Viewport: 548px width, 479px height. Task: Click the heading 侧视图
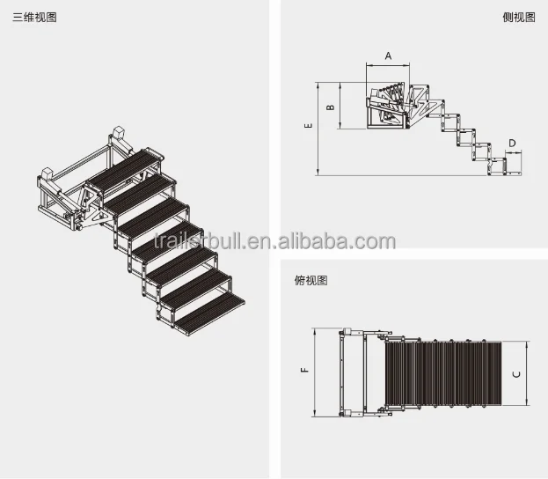(x=517, y=18)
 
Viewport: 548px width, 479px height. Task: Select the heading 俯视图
(x=311, y=281)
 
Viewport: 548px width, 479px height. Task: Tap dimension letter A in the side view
(x=388, y=55)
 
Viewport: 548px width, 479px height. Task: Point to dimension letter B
(x=330, y=107)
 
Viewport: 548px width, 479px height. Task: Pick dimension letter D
(x=512, y=142)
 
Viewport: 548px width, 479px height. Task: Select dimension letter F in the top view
(x=304, y=371)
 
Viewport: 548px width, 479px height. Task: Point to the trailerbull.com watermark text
(x=274, y=241)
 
